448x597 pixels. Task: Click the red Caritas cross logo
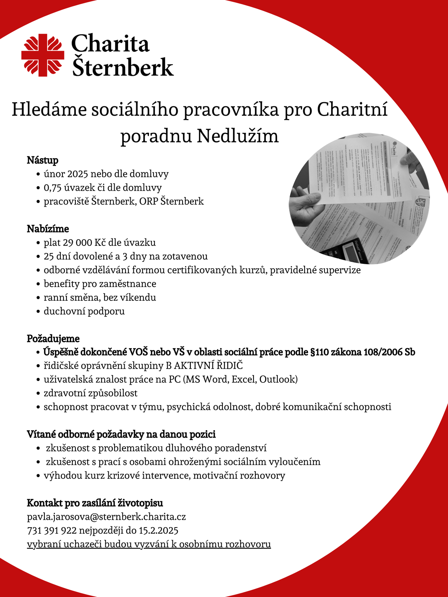pos(42,55)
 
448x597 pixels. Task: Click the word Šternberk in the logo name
pos(122,67)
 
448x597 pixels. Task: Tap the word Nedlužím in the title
pos(238,136)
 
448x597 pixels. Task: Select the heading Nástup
pos(43,160)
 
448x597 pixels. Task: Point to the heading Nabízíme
pos(48,229)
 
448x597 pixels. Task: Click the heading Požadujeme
pos(53,338)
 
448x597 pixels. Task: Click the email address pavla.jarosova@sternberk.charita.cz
pos(106,517)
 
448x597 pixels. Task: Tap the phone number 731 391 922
pos(52,531)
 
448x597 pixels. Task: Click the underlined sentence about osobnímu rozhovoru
pos(149,544)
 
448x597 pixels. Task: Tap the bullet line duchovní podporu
pos(84,311)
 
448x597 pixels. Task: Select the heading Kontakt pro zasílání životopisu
pos(95,503)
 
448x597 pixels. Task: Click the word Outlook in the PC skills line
pos(278,379)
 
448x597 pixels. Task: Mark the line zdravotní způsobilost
pos(90,393)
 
